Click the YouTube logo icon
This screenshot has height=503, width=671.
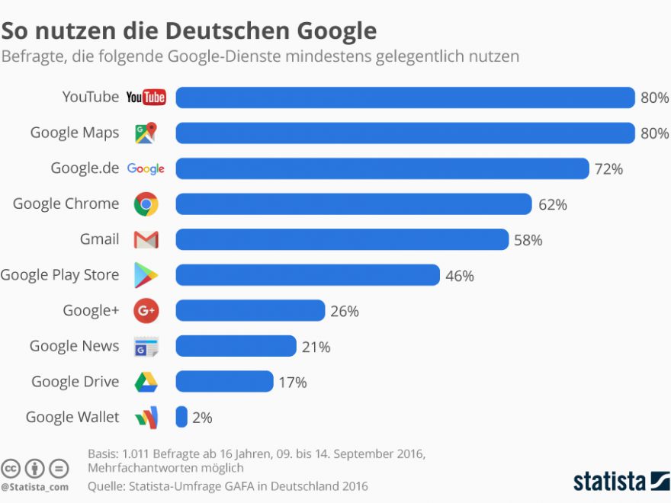coord(146,97)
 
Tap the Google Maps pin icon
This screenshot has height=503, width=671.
coord(146,133)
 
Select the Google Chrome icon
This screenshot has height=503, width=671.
coord(146,204)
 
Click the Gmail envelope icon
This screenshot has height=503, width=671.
coord(146,240)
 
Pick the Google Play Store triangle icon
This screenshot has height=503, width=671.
coord(146,275)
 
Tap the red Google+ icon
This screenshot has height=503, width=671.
coord(146,311)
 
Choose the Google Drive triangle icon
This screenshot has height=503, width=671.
coord(146,382)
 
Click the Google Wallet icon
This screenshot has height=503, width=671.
coord(146,418)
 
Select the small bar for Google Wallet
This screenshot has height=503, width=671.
coord(181,417)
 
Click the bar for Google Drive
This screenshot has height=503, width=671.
coord(224,381)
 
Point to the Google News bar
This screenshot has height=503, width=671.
coord(236,346)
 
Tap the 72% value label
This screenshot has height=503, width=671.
coord(608,169)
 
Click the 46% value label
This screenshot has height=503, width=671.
coord(459,276)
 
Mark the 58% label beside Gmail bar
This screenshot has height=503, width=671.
coord(528,240)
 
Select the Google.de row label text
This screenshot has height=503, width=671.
coord(85,168)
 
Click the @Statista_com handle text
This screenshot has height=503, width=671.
coord(34,486)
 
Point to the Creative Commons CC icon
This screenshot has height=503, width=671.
coord(11,468)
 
